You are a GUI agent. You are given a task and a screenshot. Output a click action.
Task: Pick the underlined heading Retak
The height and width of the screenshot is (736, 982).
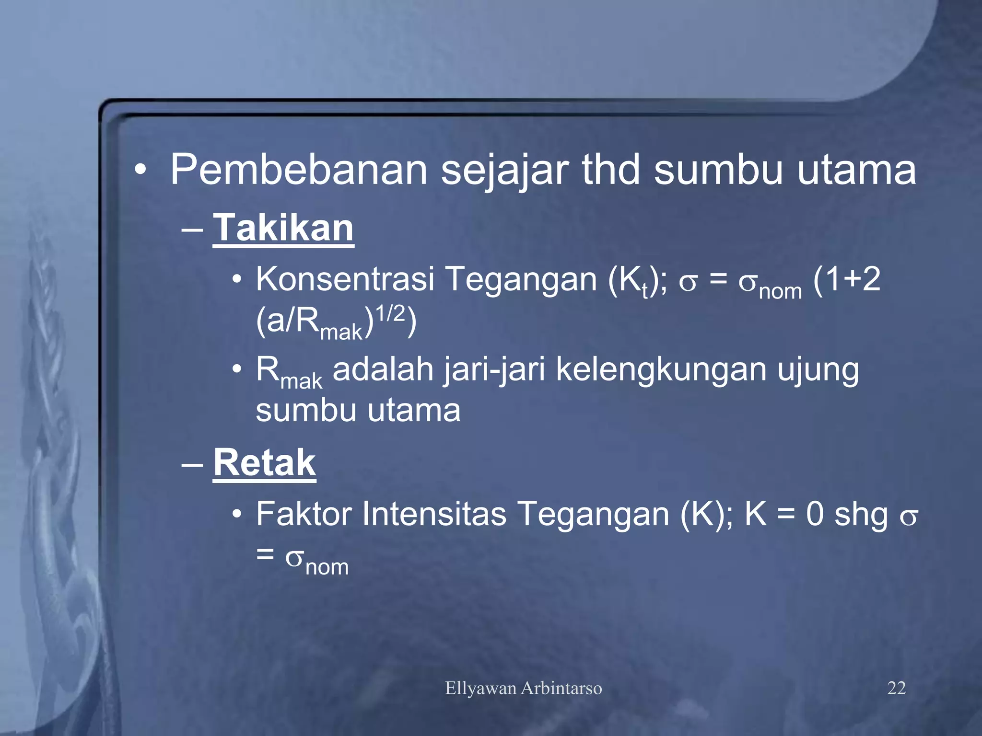264,462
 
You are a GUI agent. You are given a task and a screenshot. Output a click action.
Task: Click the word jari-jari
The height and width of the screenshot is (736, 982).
494,370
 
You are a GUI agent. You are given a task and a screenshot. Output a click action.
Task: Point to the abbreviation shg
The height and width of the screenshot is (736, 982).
861,515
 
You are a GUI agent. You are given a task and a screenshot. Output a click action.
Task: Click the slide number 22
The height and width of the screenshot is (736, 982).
896,688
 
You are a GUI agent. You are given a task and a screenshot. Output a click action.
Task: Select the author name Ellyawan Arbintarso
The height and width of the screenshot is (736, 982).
523,688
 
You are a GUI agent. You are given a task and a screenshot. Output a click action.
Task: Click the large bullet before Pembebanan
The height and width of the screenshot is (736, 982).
140,170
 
